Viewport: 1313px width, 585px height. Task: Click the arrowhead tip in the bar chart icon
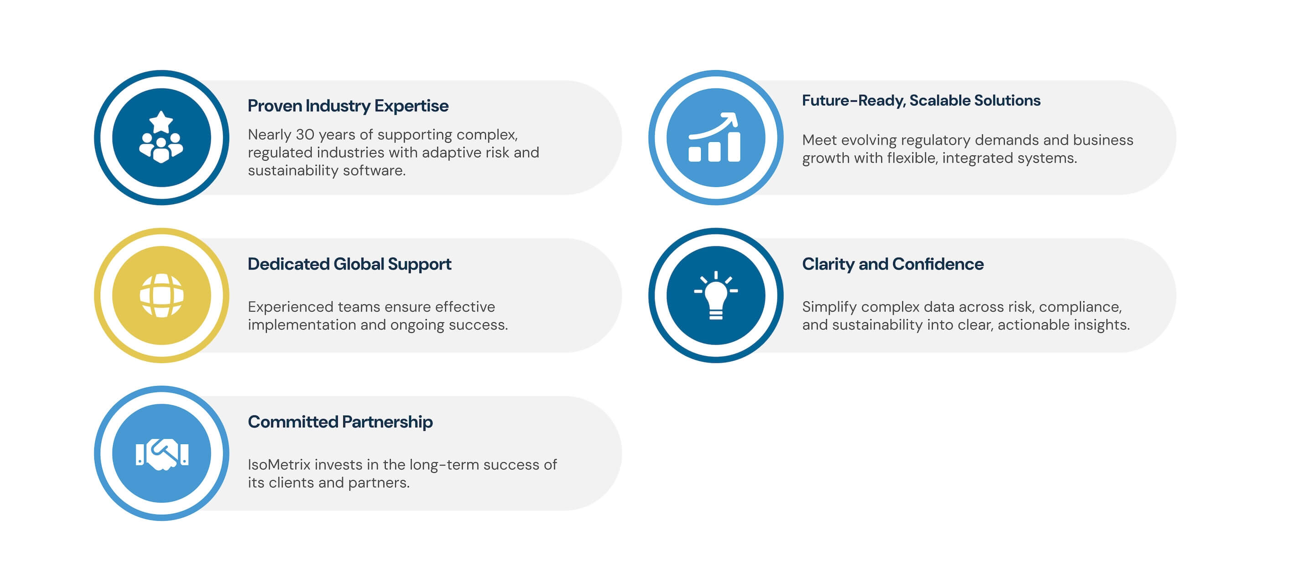(737, 114)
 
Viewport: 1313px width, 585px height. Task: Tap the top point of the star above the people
(161, 111)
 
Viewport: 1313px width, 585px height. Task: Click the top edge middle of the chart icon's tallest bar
(734, 133)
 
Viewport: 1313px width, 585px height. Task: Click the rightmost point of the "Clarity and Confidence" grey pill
(1176, 295)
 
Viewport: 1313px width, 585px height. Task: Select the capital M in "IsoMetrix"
(275, 465)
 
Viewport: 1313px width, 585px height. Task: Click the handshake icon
(162, 454)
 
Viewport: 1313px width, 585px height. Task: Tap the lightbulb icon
(716, 296)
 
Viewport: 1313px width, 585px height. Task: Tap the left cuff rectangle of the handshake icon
(140, 454)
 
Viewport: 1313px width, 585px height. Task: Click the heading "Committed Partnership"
(340, 422)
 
